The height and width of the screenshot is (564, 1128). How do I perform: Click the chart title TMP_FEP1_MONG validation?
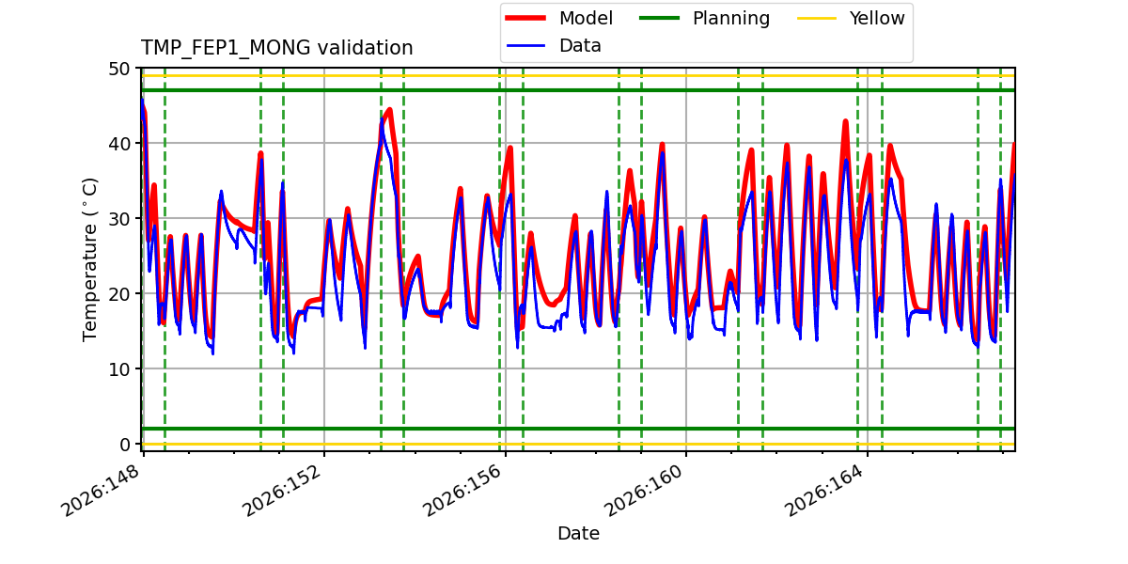coord(276,48)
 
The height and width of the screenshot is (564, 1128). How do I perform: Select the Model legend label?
coord(586,18)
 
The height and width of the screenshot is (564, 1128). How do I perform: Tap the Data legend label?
coord(580,46)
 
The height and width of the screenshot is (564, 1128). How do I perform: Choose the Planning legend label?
coord(731,19)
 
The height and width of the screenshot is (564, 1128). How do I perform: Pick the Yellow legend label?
coord(877,18)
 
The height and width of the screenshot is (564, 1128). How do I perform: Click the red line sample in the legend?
coord(525,18)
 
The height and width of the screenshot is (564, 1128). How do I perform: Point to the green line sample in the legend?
coord(659,18)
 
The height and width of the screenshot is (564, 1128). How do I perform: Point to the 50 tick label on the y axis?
coord(118,69)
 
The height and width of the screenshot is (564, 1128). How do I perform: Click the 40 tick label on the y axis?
coord(118,144)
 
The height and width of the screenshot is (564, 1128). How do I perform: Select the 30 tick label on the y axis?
coord(118,219)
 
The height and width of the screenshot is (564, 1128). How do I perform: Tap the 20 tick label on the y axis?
coord(118,294)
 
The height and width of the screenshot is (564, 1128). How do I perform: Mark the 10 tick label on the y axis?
coord(118,369)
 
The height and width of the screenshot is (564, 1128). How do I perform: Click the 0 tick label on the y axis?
coord(124,445)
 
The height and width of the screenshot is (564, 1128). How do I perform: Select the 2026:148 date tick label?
coord(101,491)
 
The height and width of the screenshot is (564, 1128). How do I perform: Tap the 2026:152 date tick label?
coord(281,491)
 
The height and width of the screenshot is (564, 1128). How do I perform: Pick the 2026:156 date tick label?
coord(462,491)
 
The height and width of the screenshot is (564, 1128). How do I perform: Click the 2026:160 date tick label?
coord(643,491)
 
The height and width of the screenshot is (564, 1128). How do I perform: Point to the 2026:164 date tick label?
coord(824,491)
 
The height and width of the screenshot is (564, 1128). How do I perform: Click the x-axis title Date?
coord(579,534)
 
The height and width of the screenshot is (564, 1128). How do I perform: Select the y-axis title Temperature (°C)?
coord(89,259)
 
